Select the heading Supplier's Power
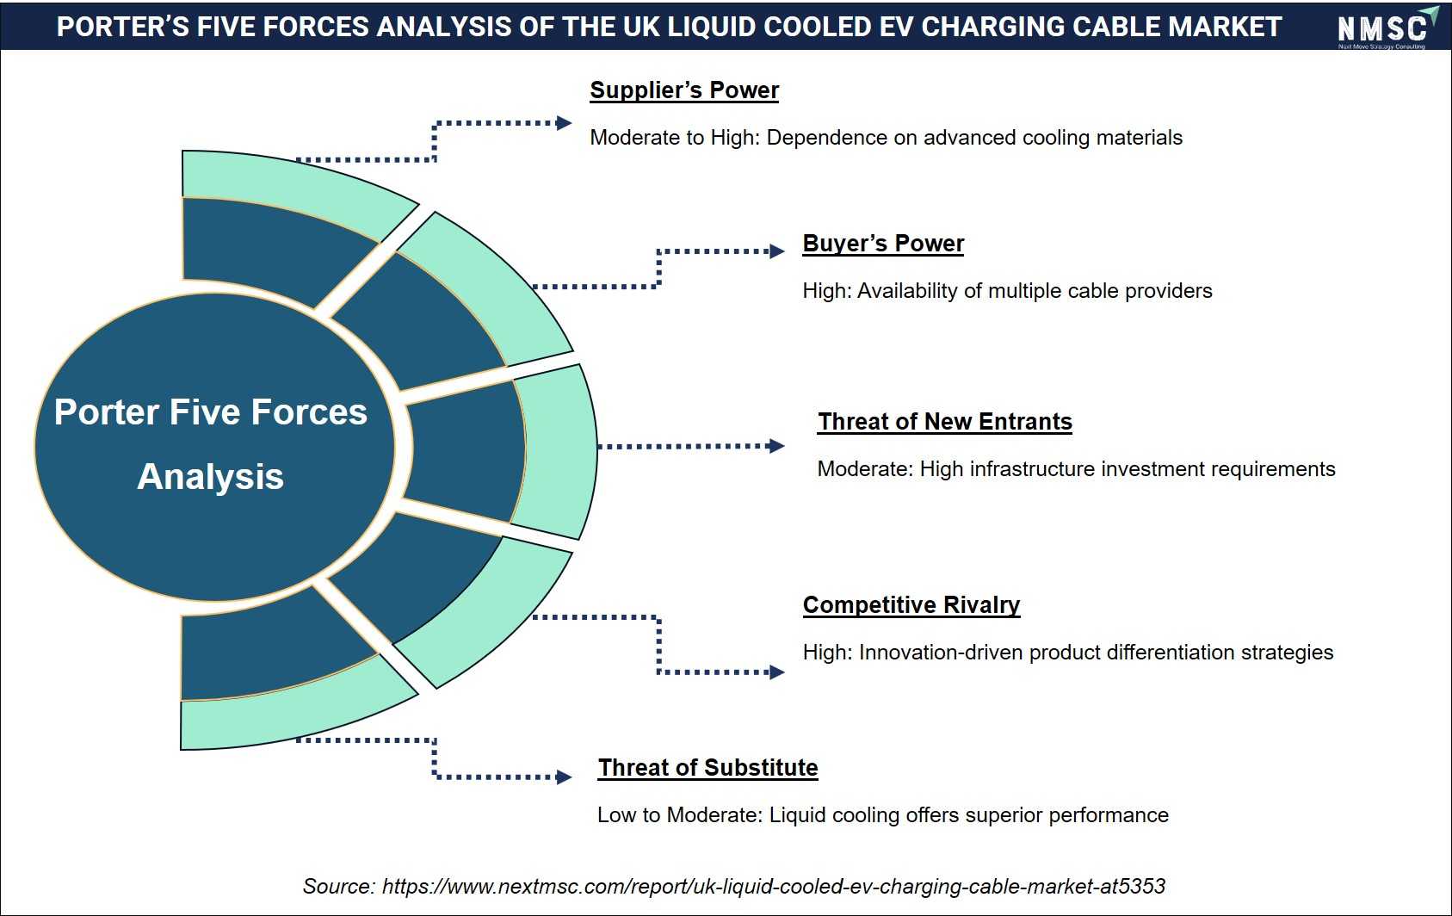[x=684, y=90]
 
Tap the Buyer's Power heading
[x=883, y=243]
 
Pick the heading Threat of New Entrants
[x=944, y=421]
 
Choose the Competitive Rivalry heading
[x=911, y=605]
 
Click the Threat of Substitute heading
[x=707, y=768]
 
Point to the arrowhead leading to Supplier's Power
[x=563, y=122]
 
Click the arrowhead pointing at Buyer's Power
[x=776, y=251]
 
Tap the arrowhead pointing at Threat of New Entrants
[x=776, y=446]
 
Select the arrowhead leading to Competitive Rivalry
[x=776, y=672]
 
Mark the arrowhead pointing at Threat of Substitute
[x=563, y=777]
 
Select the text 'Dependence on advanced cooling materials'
[x=974, y=138]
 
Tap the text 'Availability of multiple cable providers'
[x=1035, y=291]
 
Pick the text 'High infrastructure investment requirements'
[x=1128, y=469]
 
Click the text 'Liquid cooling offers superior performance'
[x=968, y=815]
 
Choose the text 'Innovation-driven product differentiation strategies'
[x=1097, y=653]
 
